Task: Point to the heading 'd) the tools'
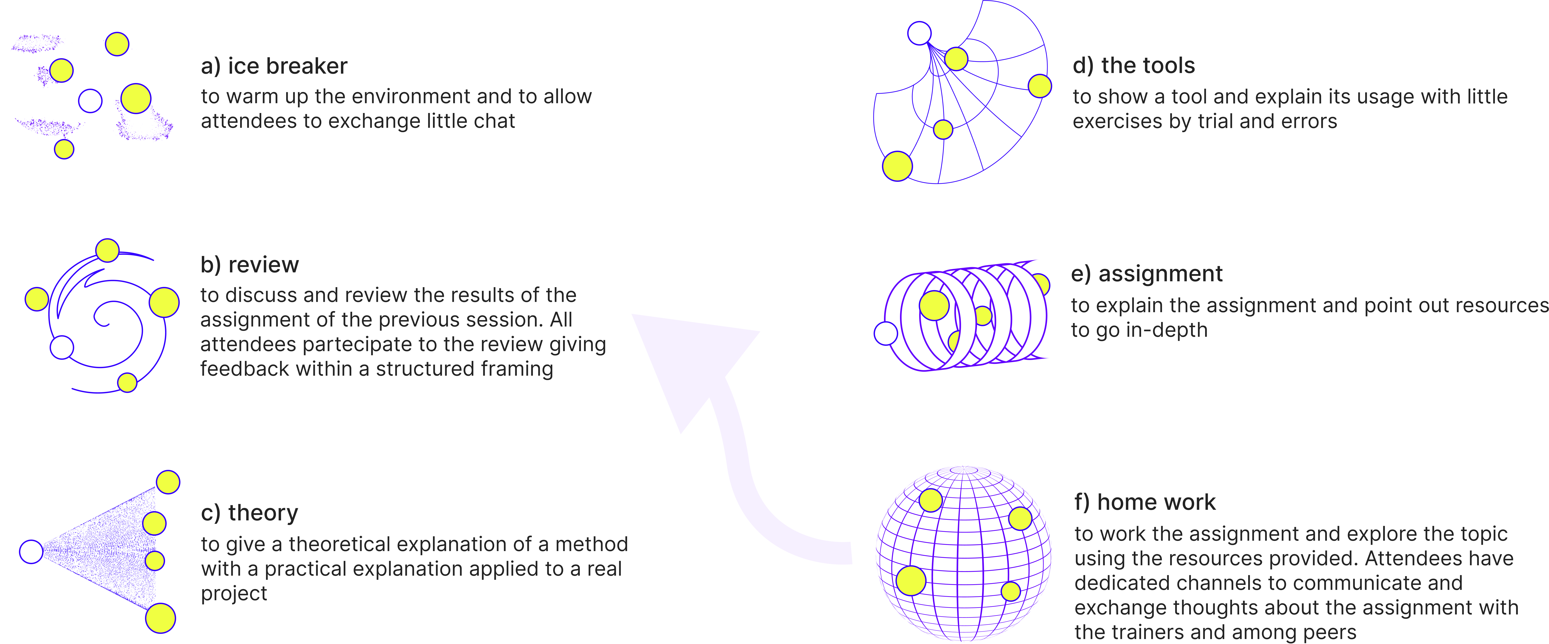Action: click(1133, 66)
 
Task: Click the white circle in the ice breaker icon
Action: click(90, 101)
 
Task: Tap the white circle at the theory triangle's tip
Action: click(31, 551)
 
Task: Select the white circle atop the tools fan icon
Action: click(919, 33)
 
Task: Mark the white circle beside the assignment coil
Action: click(885, 333)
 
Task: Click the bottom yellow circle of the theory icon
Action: click(161, 618)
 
